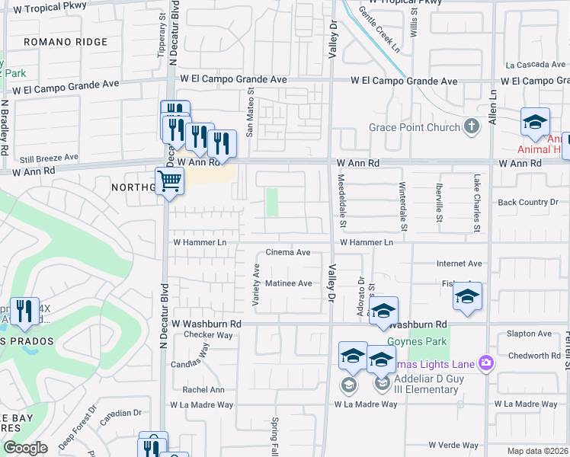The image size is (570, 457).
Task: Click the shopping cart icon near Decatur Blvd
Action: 169,181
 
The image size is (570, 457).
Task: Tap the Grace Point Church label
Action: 415,127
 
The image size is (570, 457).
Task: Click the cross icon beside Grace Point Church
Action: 472,126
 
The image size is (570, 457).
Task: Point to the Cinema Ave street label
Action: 287,252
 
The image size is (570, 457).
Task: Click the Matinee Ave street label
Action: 289,283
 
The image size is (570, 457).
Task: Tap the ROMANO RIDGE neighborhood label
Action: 66,42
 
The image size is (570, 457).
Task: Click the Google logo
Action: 25,448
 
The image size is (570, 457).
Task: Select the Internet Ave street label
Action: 459,264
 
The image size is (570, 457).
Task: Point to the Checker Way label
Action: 208,334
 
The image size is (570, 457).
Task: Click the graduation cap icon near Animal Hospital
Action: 535,122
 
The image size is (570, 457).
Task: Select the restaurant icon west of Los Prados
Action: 24,311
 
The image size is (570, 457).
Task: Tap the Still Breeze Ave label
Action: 50,158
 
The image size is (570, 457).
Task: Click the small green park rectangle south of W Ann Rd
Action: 271,203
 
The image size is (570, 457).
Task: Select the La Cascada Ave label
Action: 536,65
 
